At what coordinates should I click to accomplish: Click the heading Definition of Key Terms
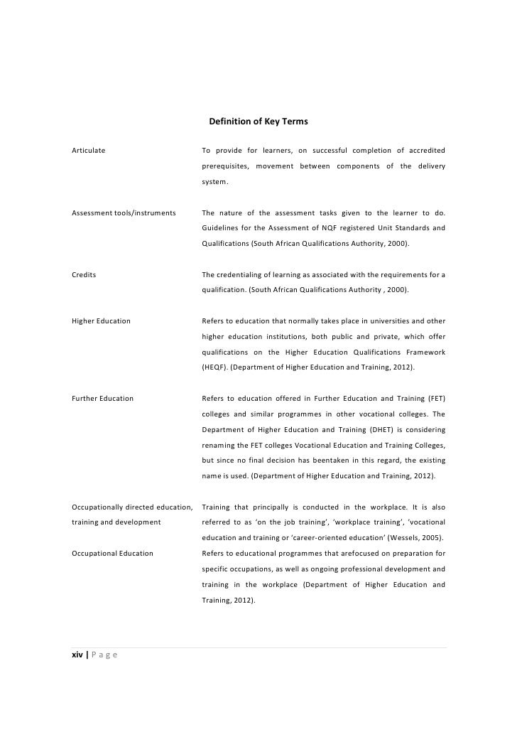coord(258,122)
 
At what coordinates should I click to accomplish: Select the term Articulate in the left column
coord(89,150)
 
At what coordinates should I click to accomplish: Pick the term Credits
coord(85,274)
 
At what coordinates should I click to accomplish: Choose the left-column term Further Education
coord(103,398)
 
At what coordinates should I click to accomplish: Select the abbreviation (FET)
coord(435,398)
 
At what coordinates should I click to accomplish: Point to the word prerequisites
coord(225,166)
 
